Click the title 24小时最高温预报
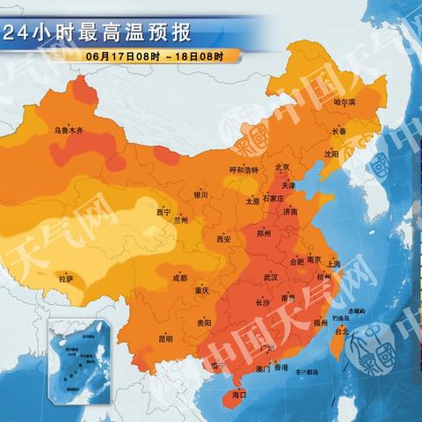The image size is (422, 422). [x=96, y=34]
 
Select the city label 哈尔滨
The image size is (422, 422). [x=345, y=103]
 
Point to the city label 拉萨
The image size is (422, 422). [x=67, y=279]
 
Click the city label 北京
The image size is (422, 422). [x=282, y=167]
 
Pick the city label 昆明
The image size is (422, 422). [x=166, y=338]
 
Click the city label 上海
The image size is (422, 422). [x=333, y=263]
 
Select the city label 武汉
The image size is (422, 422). [x=271, y=278]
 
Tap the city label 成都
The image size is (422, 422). [x=179, y=278]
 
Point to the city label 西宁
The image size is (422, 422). [x=163, y=213]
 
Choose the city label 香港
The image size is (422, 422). [x=281, y=368]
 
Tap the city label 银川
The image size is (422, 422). [x=201, y=195]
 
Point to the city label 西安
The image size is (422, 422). [x=223, y=238]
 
